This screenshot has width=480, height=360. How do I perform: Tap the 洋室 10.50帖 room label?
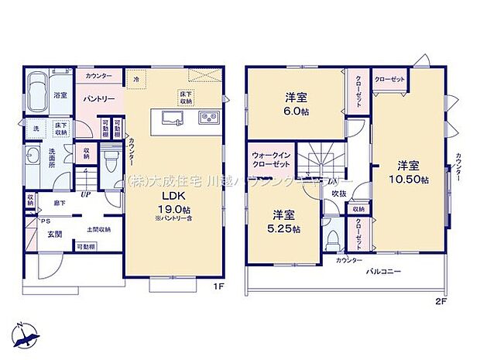pos(409,172)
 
